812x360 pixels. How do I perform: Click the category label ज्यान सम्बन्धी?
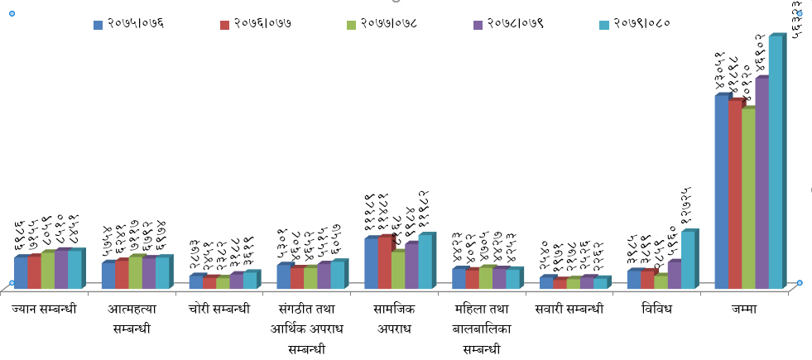[45, 310]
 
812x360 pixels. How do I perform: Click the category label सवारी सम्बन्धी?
[569, 310]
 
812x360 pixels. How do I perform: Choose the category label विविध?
[657, 310]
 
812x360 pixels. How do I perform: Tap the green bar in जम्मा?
[748, 198]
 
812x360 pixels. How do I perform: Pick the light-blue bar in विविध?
[688, 260]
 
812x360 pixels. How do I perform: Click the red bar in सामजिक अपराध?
[384, 262]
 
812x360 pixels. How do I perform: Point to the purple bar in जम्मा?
[762, 183]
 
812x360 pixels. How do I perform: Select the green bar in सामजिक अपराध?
[398, 269]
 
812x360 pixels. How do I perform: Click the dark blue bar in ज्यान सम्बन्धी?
[21, 272]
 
